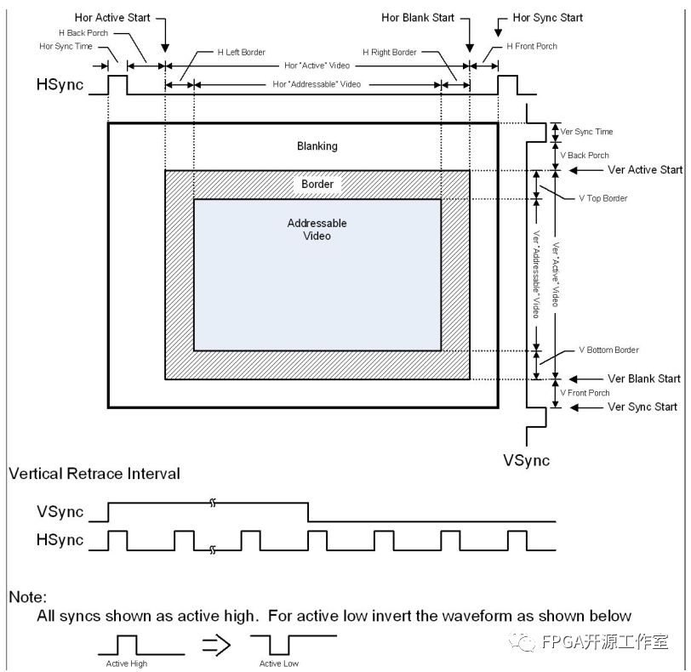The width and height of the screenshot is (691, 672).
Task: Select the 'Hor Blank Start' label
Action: tap(418, 17)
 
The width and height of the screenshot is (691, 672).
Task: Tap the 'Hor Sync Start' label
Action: tap(548, 17)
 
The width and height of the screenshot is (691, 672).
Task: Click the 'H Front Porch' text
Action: tap(532, 46)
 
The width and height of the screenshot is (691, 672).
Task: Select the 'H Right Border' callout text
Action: tap(389, 52)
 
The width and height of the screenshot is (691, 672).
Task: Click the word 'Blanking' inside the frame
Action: tap(317, 146)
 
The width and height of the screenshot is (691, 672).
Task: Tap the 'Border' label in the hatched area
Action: tap(317, 184)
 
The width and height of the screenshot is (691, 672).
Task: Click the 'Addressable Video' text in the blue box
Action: tap(317, 229)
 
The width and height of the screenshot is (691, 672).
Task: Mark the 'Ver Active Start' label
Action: tap(644, 169)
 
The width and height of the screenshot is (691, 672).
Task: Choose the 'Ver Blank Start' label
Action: tap(643, 379)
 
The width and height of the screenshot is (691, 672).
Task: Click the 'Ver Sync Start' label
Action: tap(642, 407)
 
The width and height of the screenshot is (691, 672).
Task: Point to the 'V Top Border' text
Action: tap(602, 198)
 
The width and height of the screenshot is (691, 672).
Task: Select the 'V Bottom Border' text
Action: tap(608, 350)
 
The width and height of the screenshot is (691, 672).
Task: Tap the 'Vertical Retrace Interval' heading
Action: tap(94, 474)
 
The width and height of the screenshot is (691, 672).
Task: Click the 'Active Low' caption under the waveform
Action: tap(279, 663)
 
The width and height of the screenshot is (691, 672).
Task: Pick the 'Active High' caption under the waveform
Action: tap(127, 663)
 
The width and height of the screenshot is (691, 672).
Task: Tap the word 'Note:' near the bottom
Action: tap(27, 597)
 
